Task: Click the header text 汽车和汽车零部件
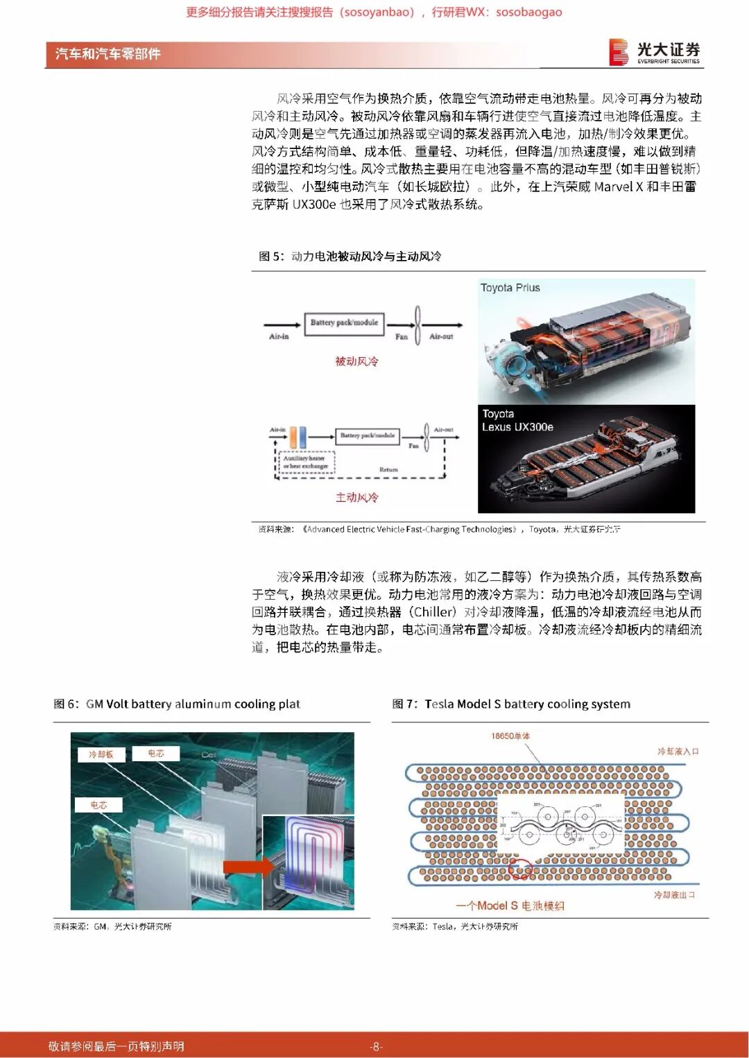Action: tap(107, 54)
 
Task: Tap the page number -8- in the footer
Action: tap(375, 1046)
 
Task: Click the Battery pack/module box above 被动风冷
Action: tap(344, 323)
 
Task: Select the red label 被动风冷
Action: tap(356, 361)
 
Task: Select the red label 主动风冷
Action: tap(356, 497)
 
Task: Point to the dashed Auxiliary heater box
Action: tap(306, 462)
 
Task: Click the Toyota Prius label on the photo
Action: tap(510, 288)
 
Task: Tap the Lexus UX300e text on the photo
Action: tap(517, 427)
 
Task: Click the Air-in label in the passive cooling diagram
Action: tap(279, 336)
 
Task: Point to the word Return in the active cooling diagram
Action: tap(388, 469)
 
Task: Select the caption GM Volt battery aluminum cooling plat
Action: tap(193, 704)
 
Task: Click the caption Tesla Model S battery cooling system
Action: tap(527, 704)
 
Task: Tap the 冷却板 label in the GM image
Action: tap(101, 754)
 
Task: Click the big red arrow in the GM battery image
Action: tap(248, 865)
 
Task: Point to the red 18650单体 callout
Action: tap(510, 736)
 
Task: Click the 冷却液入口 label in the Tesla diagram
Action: tap(678, 751)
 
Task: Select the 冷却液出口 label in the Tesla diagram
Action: tap(673, 895)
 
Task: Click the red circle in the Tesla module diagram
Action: tap(520, 868)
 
